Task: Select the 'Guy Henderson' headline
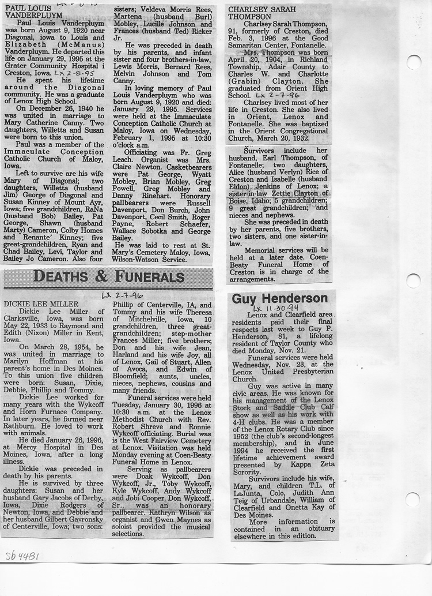coord(280,298)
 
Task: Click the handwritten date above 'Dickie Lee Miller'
coord(114,295)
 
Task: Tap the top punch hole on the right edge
coord(414,62)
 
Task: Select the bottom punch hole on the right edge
coord(412,499)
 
